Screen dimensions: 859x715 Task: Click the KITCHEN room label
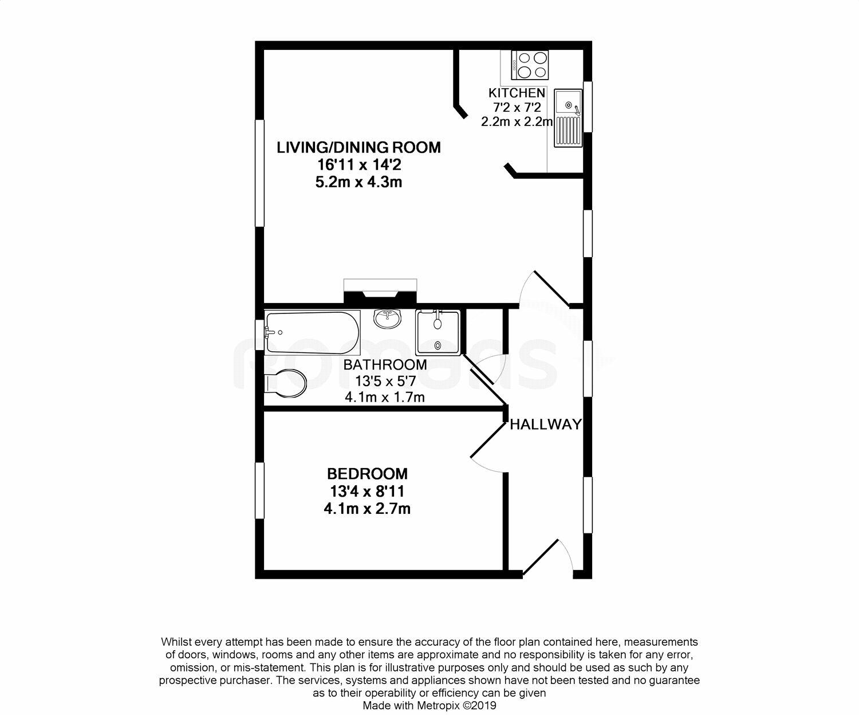click(517, 93)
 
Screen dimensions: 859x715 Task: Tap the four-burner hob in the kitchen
click(530, 65)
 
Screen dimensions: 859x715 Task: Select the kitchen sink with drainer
click(568, 117)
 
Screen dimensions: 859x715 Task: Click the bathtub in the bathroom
click(313, 333)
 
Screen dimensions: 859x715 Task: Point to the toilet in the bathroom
click(286, 382)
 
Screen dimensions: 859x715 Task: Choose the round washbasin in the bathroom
click(388, 319)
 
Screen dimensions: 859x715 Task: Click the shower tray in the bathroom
click(438, 333)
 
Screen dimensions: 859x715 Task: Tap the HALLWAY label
click(546, 425)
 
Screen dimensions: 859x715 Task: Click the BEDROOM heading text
click(368, 474)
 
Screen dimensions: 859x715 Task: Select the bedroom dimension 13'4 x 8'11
click(368, 491)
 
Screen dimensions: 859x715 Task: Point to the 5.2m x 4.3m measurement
click(358, 182)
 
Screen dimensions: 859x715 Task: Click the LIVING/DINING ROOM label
click(358, 147)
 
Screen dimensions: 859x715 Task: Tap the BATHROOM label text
click(385, 365)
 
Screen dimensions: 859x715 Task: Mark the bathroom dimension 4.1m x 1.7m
click(385, 398)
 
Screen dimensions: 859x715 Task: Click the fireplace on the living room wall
click(380, 292)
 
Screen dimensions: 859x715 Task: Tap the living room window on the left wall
click(259, 173)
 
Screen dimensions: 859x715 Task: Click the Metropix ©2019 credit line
click(429, 705)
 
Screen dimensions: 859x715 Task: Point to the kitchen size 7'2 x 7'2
click(517, 108)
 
